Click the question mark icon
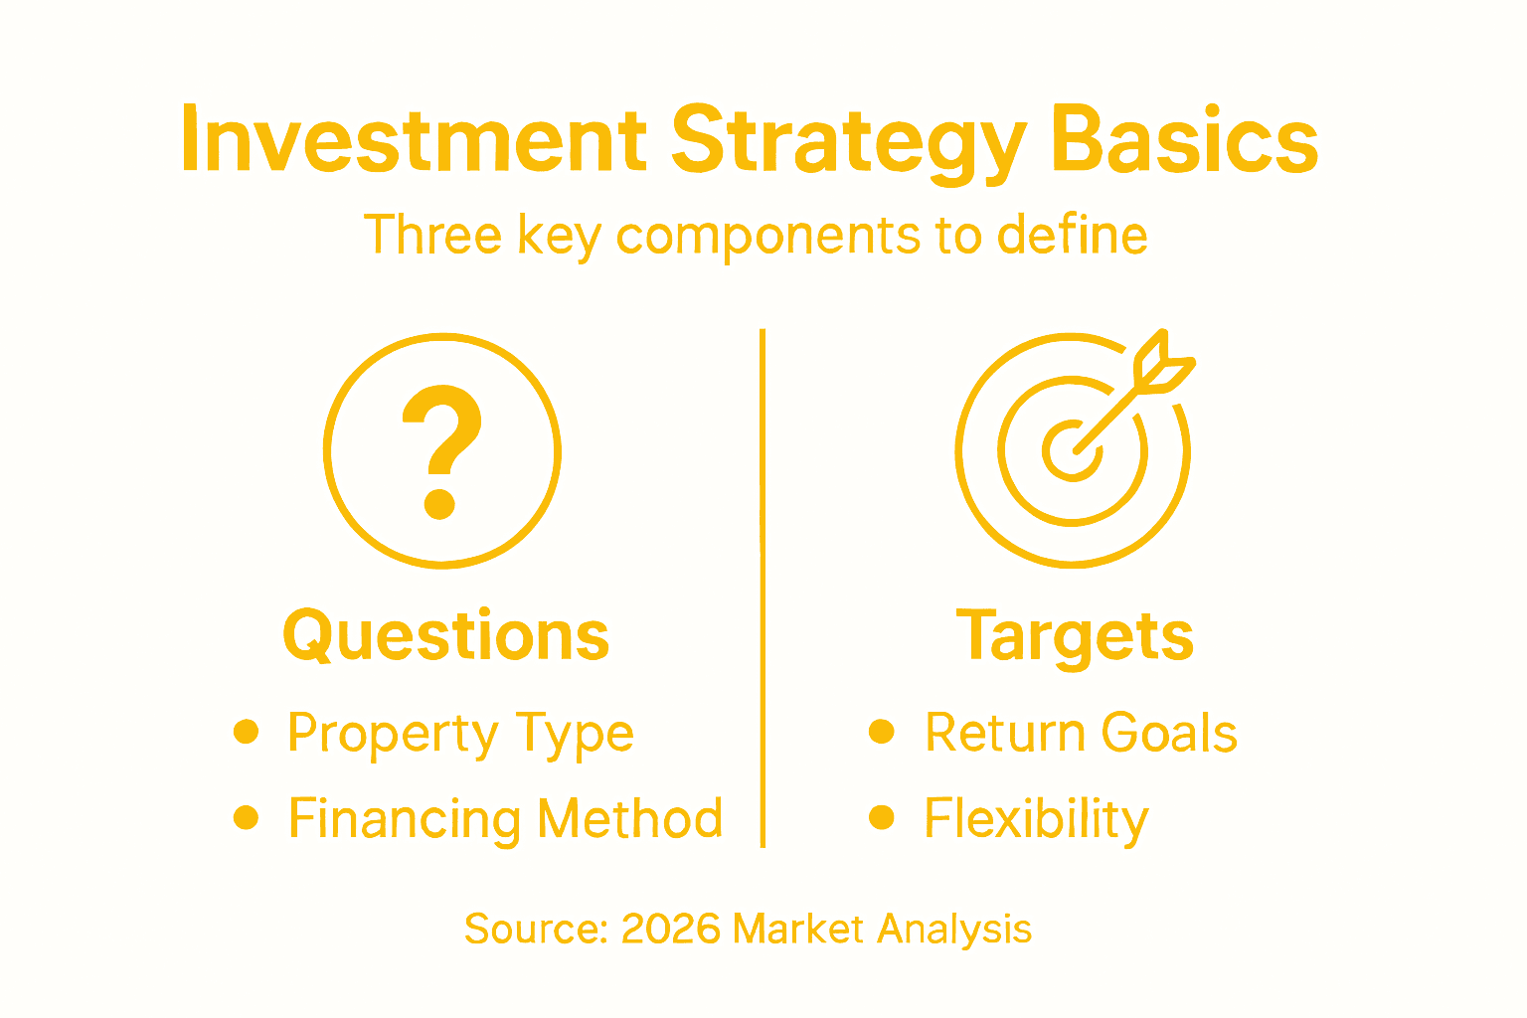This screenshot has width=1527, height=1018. [442, 451]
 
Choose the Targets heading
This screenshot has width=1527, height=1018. [1075, 636]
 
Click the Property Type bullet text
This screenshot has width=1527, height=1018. [460, 735]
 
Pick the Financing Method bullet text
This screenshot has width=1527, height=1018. [505, 819]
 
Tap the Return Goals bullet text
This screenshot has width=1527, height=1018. [1081, 734]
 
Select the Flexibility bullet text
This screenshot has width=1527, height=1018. [1036, 820]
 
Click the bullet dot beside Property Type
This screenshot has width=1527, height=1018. [246, 733]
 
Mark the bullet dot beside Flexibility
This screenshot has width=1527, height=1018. [881, 818]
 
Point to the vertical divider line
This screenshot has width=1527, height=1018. [763, 587]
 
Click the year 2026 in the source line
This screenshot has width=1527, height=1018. [670, 929]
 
